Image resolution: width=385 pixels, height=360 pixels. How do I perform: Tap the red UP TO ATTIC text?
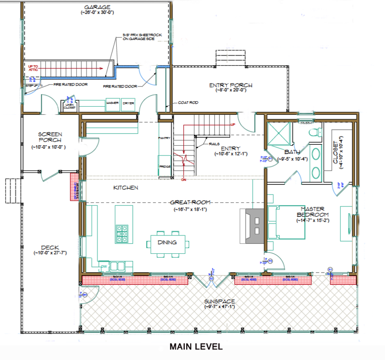tap(33, 68)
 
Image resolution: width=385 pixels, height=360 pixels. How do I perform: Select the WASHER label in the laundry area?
tap(112, 102)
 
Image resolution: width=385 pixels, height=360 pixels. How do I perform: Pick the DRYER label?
tap(128, 102)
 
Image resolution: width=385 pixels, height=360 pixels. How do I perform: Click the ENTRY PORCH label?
tap(231, 85)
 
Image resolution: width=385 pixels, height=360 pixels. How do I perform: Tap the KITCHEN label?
tap(126, 187)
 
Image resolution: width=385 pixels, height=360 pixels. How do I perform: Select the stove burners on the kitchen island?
tap(121, 234)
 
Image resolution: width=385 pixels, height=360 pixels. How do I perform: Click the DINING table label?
tap(167, 243)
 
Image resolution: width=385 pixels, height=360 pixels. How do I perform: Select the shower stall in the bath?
tap(279, 132)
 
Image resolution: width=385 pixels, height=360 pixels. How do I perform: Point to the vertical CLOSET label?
tap(335, 152)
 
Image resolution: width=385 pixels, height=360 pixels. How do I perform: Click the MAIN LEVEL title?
tap(195, 346)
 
